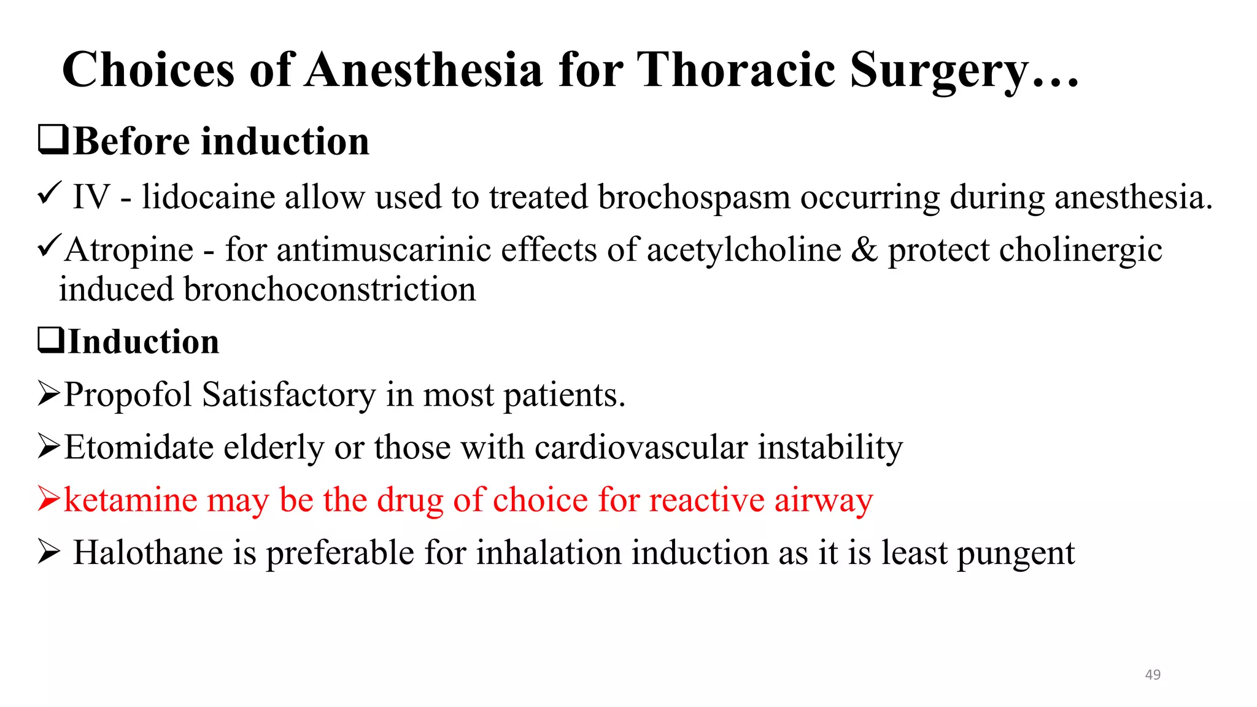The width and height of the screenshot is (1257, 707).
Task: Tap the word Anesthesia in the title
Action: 424,70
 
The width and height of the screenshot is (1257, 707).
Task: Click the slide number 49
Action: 1153,674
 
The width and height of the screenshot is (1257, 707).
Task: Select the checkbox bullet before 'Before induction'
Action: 53,139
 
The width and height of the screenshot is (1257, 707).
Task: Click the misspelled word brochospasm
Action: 694,198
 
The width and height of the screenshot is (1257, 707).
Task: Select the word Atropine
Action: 129,250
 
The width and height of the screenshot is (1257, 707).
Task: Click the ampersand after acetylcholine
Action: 864,250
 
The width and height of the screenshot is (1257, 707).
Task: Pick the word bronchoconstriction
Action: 329,290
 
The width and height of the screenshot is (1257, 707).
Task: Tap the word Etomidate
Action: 139,447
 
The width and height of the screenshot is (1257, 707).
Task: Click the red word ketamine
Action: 130,500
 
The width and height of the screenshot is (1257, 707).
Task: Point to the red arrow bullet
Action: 48,498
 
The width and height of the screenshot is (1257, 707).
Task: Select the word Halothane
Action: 148,553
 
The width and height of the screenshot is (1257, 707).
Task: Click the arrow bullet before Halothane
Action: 48,551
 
